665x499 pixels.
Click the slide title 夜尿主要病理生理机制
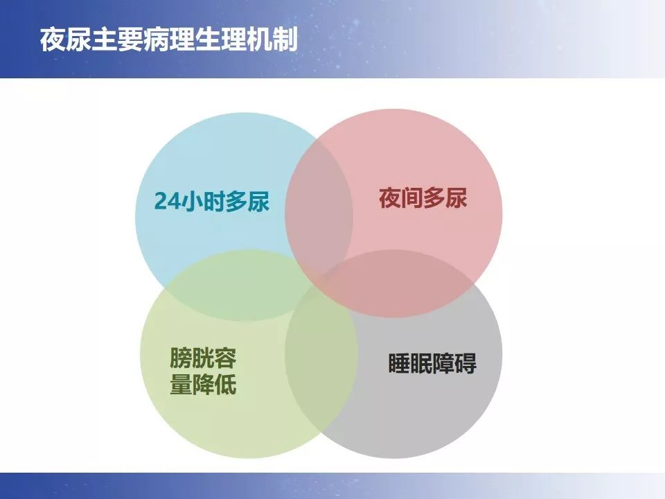(x=168, y=40)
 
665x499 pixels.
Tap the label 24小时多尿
(x=211, y=202)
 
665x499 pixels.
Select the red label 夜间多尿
(x=423, y=199)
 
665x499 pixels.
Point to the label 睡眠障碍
(x=432, y=364)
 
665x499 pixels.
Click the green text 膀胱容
(x=203, y=358)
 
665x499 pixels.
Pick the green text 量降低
(x=203, y=385)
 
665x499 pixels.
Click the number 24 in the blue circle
(x=166, y=202)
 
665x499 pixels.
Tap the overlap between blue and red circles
(x=319, y=208)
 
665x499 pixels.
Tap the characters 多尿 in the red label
(x=445, y=199)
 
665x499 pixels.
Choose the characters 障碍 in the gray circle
(x=454, y=364)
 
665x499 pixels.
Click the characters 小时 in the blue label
(x=201, y=202)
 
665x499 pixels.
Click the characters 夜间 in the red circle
(x=400, y=199)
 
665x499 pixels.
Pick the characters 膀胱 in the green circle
(x=192, y=358)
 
